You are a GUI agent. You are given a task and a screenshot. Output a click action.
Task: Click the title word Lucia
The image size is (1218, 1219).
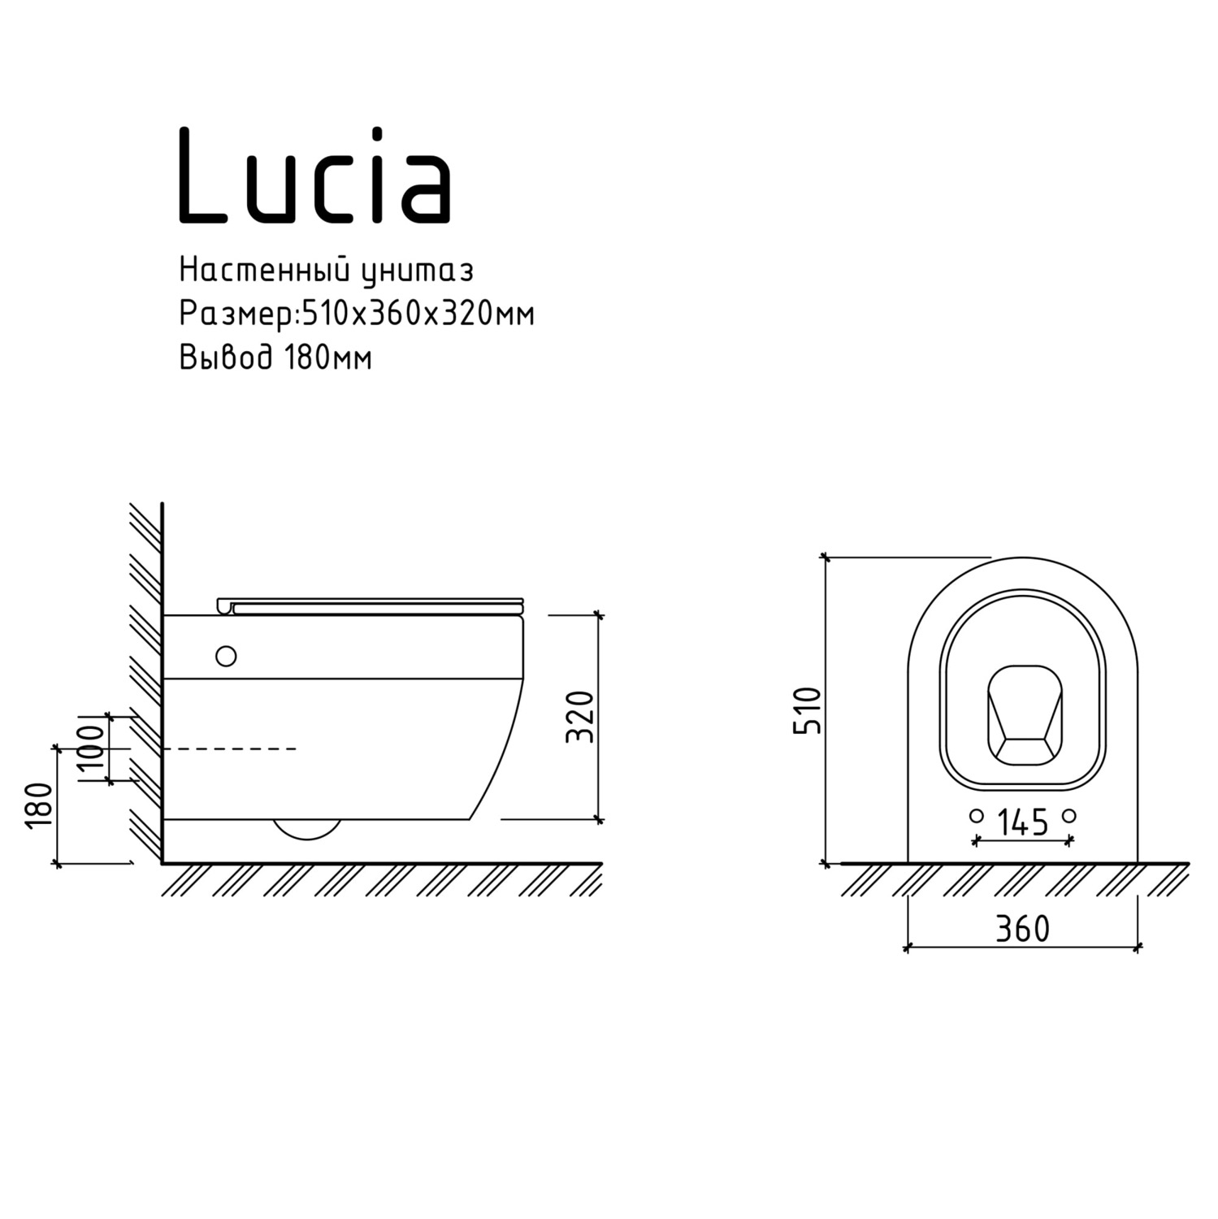click(x=314, y=176)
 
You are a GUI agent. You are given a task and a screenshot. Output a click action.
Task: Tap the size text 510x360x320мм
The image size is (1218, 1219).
click(x=418, y=314)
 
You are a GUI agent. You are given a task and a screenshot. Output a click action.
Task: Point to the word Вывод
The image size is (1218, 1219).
click(x=226, y=358)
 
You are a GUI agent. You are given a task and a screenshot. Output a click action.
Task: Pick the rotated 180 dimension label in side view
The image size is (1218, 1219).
click(x=39, y=805)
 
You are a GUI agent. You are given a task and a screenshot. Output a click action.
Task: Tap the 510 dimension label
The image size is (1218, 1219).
click(x=808, y=710)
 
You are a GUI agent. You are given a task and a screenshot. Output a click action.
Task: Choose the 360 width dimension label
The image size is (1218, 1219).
click(x=1022, y=929)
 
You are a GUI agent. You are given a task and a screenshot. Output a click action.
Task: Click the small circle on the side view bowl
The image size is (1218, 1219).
click(x=226, y=656)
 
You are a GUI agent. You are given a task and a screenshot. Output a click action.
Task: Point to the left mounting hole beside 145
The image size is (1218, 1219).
click(x=977, y=815)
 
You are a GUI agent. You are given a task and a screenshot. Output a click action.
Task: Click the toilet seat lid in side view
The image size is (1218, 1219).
click(x=374, y=605)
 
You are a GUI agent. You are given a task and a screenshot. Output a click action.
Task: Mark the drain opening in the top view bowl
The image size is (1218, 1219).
click(x=1024, y=715)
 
